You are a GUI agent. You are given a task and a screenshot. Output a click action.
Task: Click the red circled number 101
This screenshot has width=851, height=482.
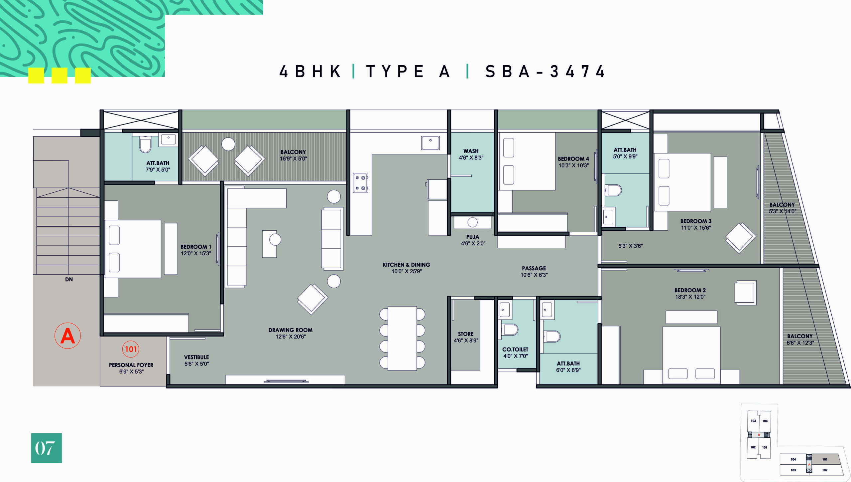tap(131, 349)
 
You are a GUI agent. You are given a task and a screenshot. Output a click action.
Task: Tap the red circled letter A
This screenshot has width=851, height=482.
tap(67, 336)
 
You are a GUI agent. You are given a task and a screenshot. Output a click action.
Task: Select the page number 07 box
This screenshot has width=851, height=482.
tap(47, 448)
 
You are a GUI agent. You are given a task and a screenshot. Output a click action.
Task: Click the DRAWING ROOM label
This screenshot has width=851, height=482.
tap(291, 330)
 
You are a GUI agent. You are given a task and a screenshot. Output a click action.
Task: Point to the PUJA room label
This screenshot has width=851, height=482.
tap(472, 237)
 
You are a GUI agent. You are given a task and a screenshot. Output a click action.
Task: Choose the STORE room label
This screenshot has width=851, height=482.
tap(466, 334)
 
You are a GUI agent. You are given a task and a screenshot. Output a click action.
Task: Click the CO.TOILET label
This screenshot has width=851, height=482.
tap(515, 349)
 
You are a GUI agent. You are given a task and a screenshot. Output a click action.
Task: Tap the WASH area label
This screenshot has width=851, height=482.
tap(471, 151)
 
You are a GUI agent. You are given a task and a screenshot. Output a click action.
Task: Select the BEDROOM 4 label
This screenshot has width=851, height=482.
tap(573, 159)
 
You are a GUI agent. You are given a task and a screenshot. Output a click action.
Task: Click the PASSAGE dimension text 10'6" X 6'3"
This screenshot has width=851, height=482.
tap(534, 275)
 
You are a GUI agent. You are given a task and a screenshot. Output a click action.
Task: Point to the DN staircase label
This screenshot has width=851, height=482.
tap(69, 279)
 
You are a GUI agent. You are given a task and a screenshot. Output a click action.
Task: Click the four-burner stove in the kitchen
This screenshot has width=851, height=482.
tap(360, 183)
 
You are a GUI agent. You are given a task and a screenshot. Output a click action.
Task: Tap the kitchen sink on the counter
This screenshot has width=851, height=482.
tap(430, 143)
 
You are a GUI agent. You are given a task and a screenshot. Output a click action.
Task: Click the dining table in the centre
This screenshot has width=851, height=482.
tap(402, 338)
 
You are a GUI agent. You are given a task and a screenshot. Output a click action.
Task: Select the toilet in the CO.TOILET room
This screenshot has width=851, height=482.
tap(509, 330)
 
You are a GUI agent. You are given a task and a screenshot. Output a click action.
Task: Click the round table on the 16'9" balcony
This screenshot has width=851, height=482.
tap(228, 144)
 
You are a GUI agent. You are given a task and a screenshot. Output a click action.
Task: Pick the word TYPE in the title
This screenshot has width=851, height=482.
tap(395, 71)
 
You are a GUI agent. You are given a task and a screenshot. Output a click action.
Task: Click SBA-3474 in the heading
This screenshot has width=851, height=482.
tap(545, 71)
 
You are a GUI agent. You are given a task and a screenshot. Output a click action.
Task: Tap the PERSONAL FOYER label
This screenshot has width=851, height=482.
tap(131, 365)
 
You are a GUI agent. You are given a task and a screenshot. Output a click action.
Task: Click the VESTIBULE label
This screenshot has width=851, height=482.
tap(196, 357)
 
